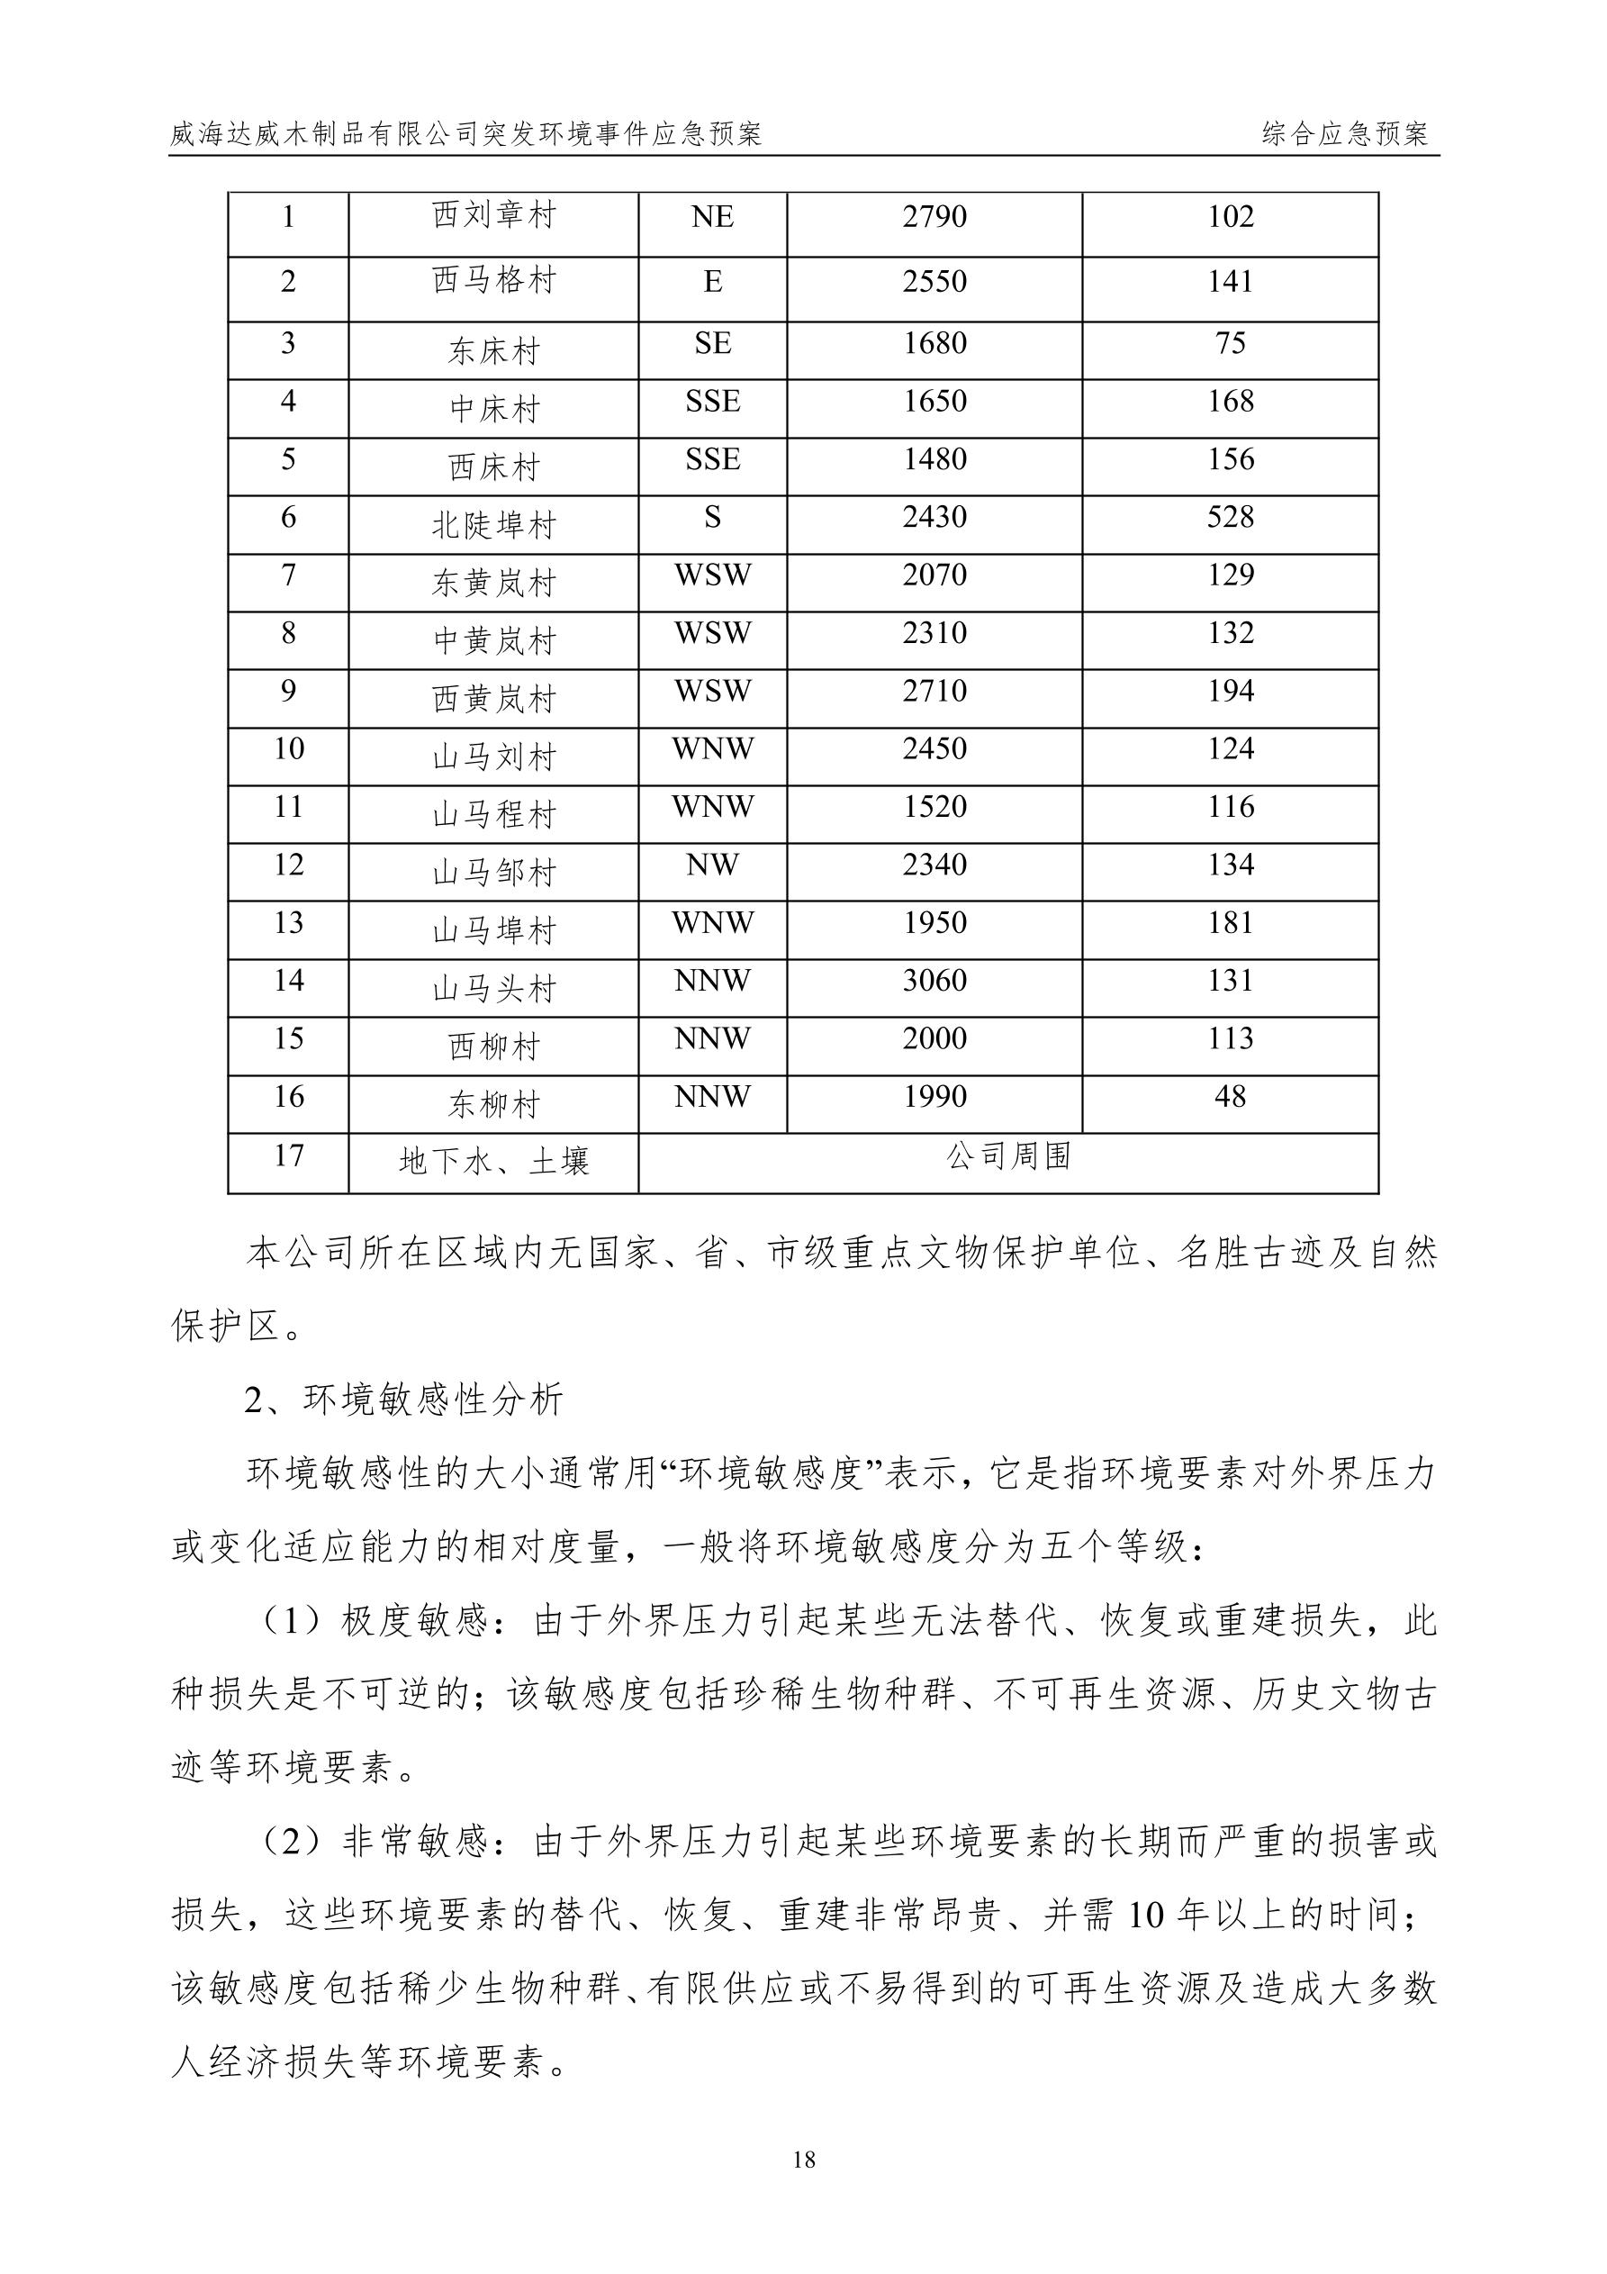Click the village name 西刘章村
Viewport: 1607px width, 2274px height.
pos(493,216)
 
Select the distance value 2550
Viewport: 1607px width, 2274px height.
pos(934,282)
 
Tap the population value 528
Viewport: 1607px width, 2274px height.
pos(1230,517)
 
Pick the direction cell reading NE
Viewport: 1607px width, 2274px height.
pos(712,217)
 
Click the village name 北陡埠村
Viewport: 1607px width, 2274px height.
pos(493,525)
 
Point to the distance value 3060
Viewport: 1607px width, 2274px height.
pos(934,981)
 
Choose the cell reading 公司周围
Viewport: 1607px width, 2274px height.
pos(1008,1155)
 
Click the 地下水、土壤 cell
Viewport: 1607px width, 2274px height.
pos(493,1161)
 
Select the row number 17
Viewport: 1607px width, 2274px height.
pos(288,1155)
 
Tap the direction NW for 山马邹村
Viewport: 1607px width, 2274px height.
pos(712,865)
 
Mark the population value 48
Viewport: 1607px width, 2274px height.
pos(1230,1096)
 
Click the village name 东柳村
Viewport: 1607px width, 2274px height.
pos(493,1104)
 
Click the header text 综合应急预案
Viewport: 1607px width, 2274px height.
pos(1345,135)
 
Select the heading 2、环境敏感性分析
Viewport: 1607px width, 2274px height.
pos(404,1400)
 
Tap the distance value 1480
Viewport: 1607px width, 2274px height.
pos(934,459)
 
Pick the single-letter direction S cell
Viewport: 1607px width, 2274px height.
pos(712,517)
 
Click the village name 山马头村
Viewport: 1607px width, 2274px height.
pos(493,989)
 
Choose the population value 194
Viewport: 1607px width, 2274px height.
pos(1230,692)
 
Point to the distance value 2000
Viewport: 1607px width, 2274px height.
pos(934,1039)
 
